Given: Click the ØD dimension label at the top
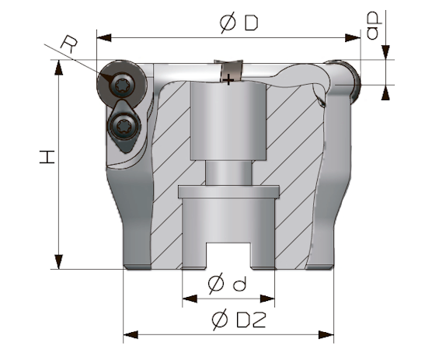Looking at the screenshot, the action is pyautogui.click(x=239, y=23).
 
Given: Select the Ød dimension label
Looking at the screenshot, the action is pyautogui.click(x=227, y=283).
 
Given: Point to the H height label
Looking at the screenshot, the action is pyautogui.click(x=47, y=157).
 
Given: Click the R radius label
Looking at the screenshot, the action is pyautogui.click(x=69, y=44).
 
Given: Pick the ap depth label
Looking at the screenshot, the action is pyautogui.click(x=374, y=26).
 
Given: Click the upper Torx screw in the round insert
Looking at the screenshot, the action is pyautogui.click(x=122, y=85).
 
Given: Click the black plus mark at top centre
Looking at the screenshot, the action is pyautogui.click(x=228, y=79).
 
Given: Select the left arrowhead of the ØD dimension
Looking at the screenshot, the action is pyautogui.click(x=104, y=37).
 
